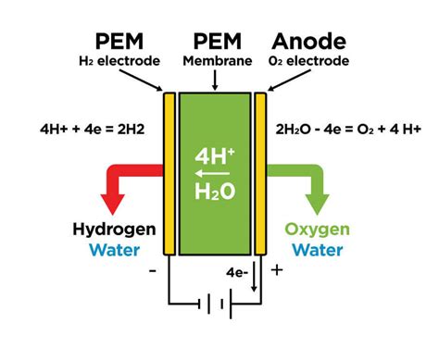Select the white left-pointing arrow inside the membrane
pyautogui.click(x=214, y=174)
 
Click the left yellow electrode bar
pyautogui.click(x=169, y=172)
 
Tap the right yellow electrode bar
pyautogui.click(x=261, y=172)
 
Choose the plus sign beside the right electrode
pyautogui.click(x=277, y=271)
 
